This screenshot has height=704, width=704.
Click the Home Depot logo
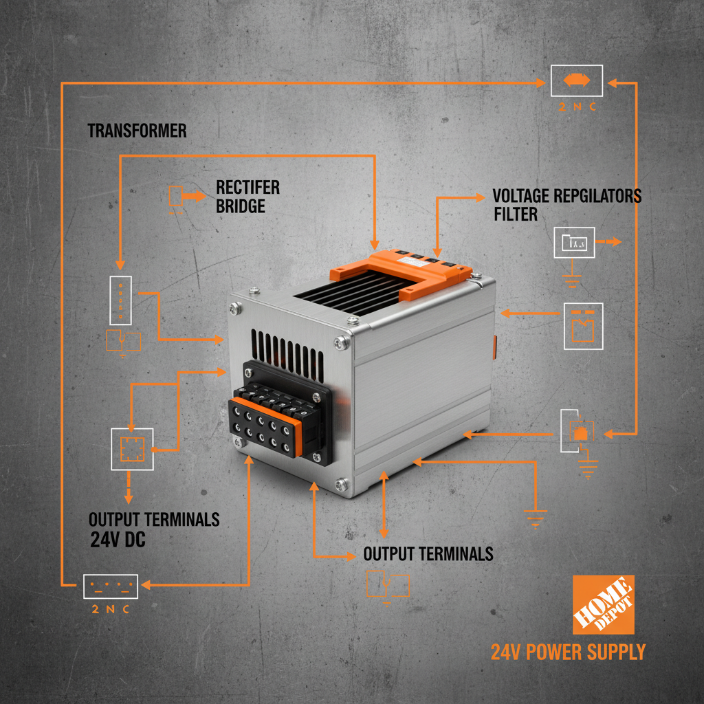603,605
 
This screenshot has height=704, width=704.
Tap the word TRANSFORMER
137,131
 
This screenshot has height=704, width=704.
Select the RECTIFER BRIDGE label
247,197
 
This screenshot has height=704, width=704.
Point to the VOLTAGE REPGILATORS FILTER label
566,204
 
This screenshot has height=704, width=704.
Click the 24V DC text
118,540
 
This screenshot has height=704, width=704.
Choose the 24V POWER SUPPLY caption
568,652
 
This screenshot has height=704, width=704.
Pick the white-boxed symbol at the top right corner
577,80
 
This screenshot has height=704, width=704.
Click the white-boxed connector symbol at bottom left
111,586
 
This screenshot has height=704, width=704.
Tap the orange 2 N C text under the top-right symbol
577,107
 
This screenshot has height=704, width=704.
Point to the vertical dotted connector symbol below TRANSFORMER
120,300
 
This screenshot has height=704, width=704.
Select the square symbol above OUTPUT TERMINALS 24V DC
131,449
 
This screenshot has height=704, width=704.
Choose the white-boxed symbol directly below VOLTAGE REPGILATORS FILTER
575,243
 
